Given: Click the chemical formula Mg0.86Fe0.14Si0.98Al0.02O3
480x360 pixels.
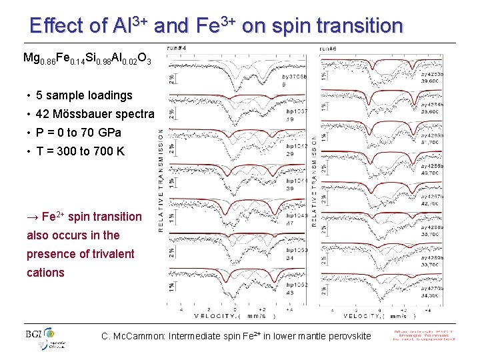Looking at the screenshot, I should click(x=87, y=58).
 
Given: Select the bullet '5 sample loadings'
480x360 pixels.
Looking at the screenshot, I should click(x=84, y=95).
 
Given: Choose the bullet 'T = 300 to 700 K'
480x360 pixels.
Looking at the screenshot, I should click(x=80, y=151).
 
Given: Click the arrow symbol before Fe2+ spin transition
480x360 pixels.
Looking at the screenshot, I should click(x=33, y=217).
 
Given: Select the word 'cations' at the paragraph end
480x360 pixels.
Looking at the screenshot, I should click(x=45, y=273).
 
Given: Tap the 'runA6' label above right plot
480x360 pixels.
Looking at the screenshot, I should click(x=328, y=48).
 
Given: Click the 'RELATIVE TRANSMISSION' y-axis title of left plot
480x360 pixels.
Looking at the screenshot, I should click(x=161, y=180).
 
